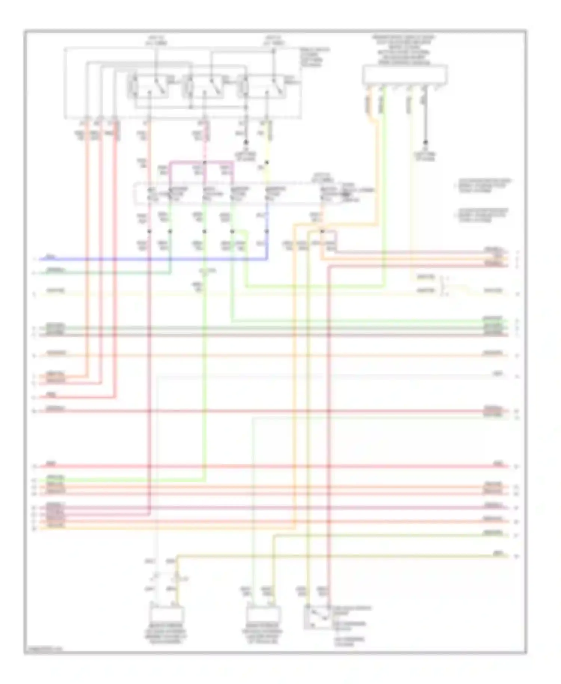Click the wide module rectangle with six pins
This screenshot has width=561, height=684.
405,74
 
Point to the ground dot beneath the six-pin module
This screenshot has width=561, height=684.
425,143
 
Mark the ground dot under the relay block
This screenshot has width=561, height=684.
246,142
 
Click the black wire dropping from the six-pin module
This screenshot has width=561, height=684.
425,120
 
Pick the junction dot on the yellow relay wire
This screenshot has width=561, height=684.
267,163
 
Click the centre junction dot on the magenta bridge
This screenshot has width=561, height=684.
205,163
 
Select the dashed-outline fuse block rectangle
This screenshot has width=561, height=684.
239,194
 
